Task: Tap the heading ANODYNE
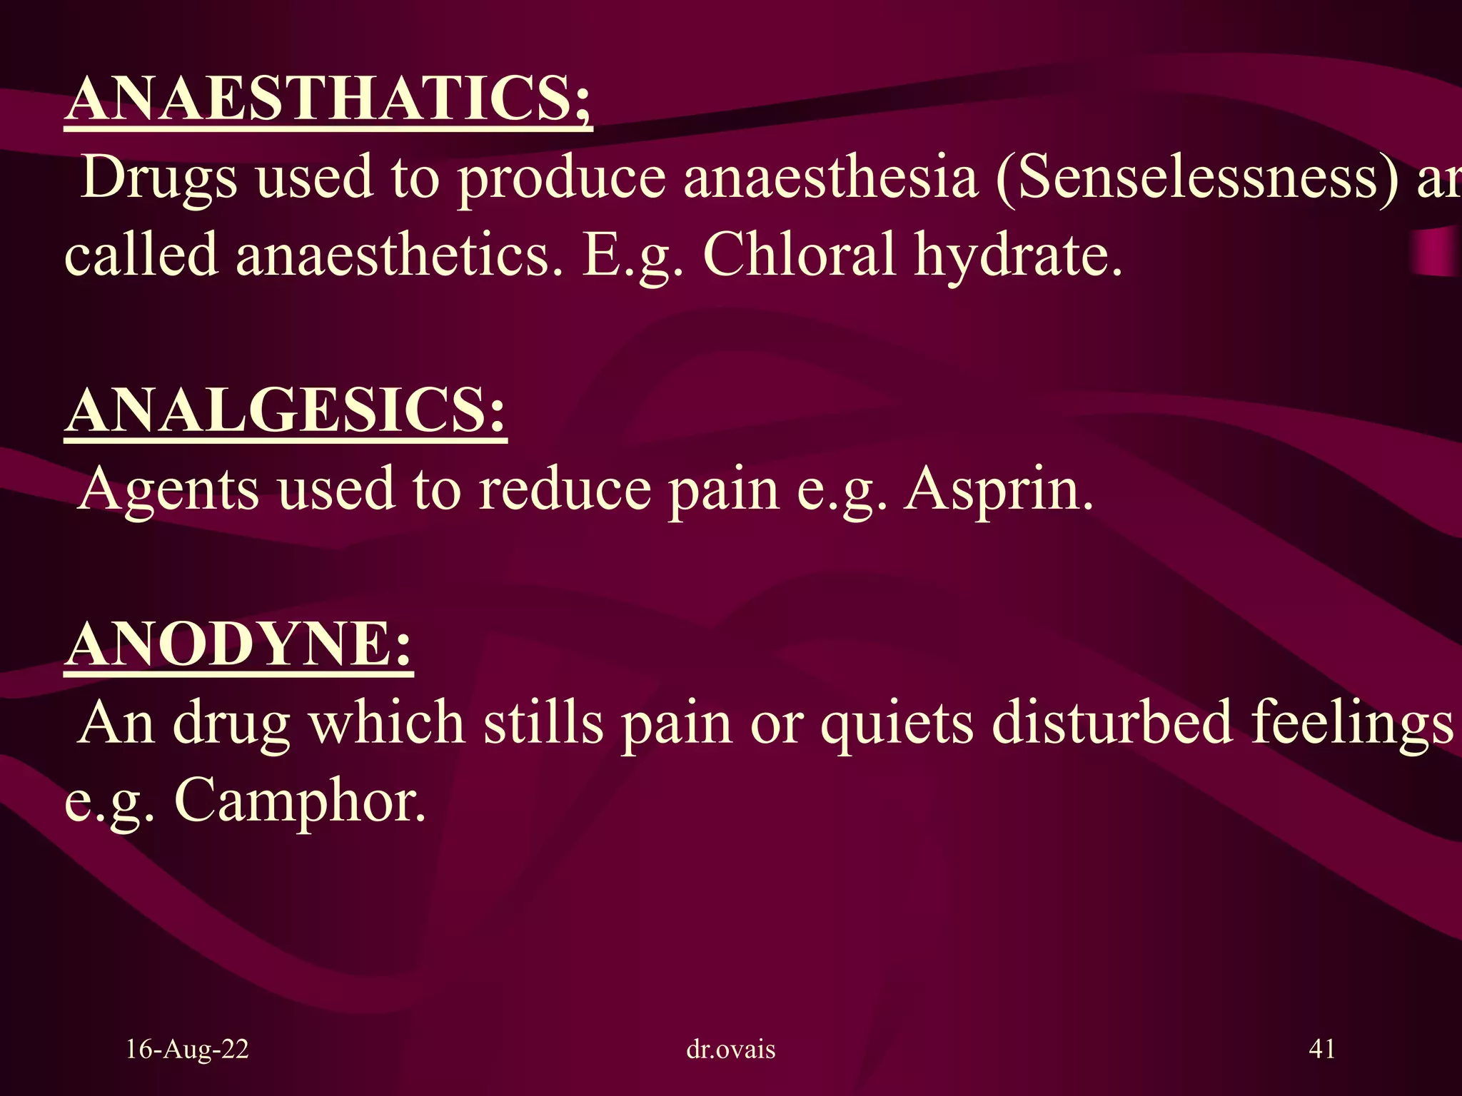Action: coord(238,644)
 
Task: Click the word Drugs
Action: coord(158,178)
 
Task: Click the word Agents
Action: coord(168,490)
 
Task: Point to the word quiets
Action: coord(896,724)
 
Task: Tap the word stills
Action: coord(542,722)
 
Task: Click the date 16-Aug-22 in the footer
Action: coord(187,1049)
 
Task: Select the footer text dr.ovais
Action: coord(730,1049)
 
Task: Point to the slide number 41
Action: coord(1322,1049)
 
